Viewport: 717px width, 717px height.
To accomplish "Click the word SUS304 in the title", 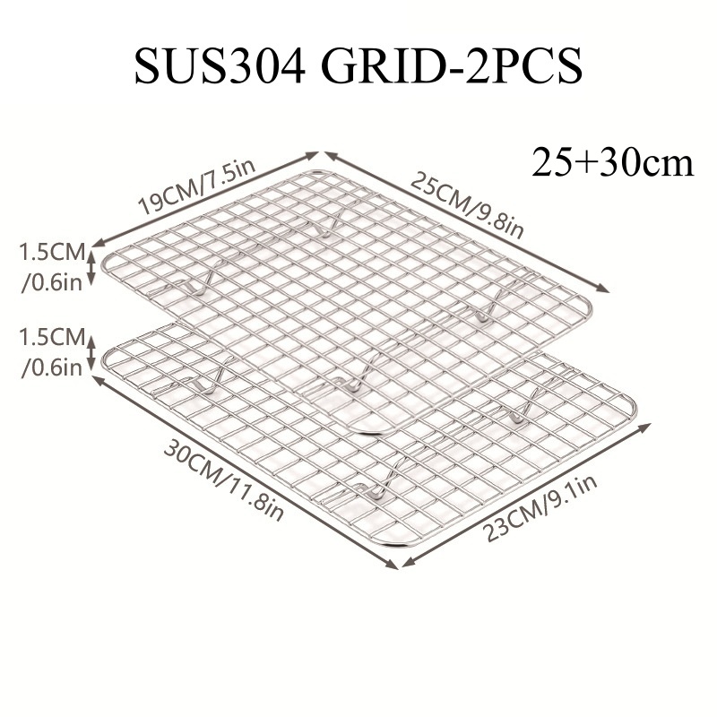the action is [x=220, y=65].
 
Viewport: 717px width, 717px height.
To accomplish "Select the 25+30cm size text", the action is [x=612, y=162].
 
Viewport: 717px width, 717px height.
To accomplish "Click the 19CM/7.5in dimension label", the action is [x=197, y=187].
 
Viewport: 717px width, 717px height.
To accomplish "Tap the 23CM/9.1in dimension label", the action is [x=540, y=507].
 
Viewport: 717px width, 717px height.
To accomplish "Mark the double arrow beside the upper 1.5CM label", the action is [x=91, y=267].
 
